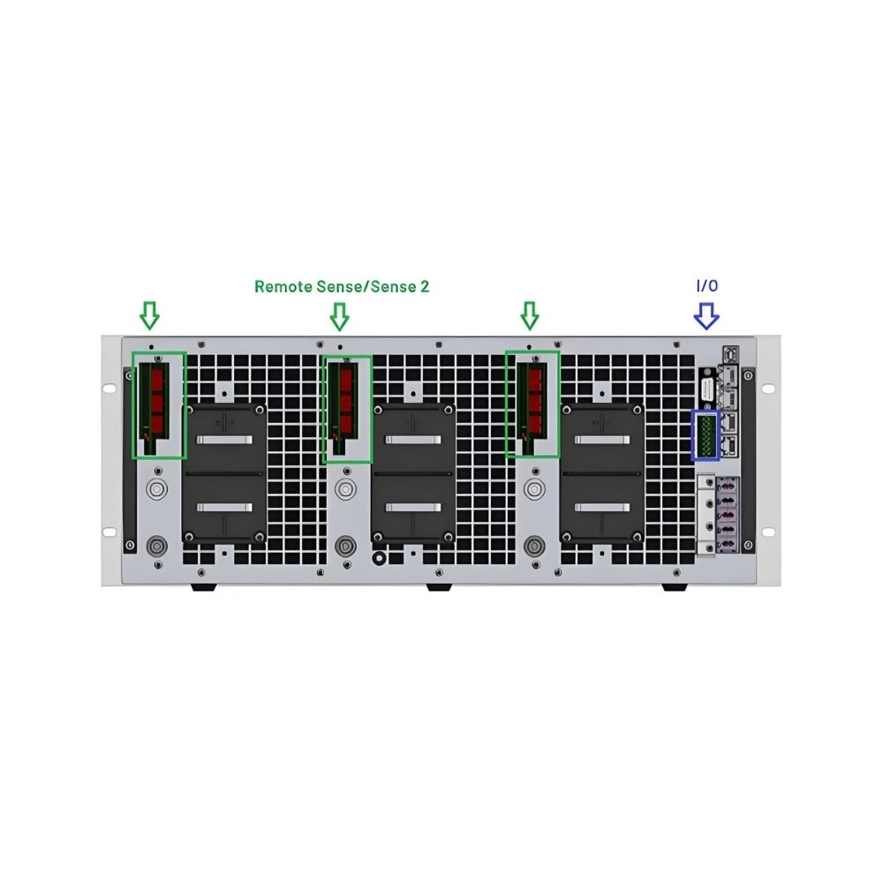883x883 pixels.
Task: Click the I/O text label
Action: pyautogui.click(x=706, y=285)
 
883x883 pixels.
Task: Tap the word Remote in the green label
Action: pyautogui.click(x=283, y=287)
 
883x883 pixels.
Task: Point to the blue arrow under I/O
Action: pyautogui.click(x=706, y=316)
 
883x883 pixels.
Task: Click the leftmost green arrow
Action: pyautogui.click(x=149, y=315)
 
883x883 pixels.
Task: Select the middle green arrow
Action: pyautogui.click(x=339, y=316)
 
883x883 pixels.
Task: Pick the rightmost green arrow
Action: pyautogui.click(x=529, y=316)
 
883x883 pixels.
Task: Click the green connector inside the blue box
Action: pyautogui.click(x=705, y=435)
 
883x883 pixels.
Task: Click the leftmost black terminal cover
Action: pyautogui.click(x=225, y=472)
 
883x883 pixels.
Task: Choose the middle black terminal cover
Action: pyautogui.click(x=413, y=472)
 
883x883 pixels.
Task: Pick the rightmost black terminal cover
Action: pyautogui.click(x=601, y=472)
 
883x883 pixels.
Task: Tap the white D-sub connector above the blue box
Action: pyautogui.click(x=707, y=389)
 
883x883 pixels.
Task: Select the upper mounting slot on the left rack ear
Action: pyautogui.click(x=108, y=388)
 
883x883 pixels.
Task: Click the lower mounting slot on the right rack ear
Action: pyautogui.click(x=766, y=532)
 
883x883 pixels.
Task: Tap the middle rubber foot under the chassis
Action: pyautogui.click(x=439, y=587)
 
